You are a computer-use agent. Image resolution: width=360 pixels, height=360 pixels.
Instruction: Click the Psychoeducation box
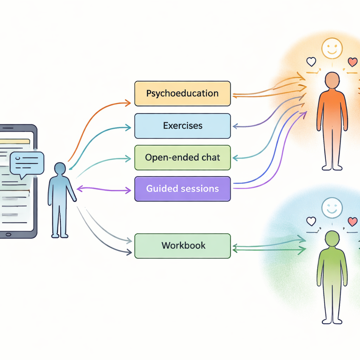pyautogui.click(x=182, y=94)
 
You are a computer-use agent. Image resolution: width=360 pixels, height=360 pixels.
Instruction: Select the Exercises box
pyautogui.click(x=182, y=126)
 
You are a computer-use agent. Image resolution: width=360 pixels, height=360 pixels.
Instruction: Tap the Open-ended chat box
pyautogui.click(x=182, y=157)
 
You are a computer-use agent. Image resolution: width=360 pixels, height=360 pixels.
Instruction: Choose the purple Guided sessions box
pyautogui.click(x=182, y=189)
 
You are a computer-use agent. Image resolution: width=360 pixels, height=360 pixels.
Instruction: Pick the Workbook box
pyautogui.click(x=182, y=245)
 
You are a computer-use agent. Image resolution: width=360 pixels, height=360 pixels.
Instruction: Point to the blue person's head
pyautogui.click(x=60, y=168)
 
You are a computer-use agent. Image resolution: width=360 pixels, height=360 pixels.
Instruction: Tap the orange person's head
pyautogui.click(x=332, y=80)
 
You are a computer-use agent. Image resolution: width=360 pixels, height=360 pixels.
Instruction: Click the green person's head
pyautogui.click(x=332, y=238)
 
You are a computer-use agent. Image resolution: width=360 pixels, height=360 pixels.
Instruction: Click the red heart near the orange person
pyautogui.click(x=352, y=62)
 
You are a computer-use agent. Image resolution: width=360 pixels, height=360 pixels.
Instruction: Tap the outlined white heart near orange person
pyautogui.click(x=311, y=62)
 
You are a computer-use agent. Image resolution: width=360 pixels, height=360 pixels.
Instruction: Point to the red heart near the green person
pyautogui.click(x=352, y=221)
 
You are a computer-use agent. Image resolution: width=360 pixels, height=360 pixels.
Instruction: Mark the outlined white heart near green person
pyautogui.click(x=311, y=221)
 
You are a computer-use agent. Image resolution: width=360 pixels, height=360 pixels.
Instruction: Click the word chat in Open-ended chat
pyautogui.click(x=211, y=157)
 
